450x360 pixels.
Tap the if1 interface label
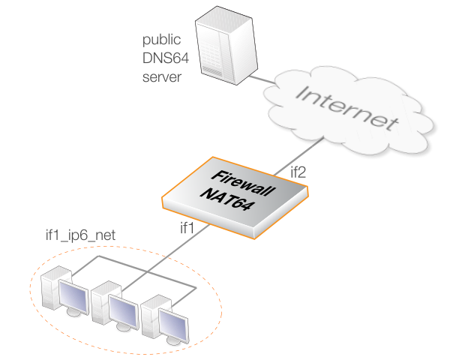click(187, 226)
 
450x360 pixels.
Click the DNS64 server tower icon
click(222, 45)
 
